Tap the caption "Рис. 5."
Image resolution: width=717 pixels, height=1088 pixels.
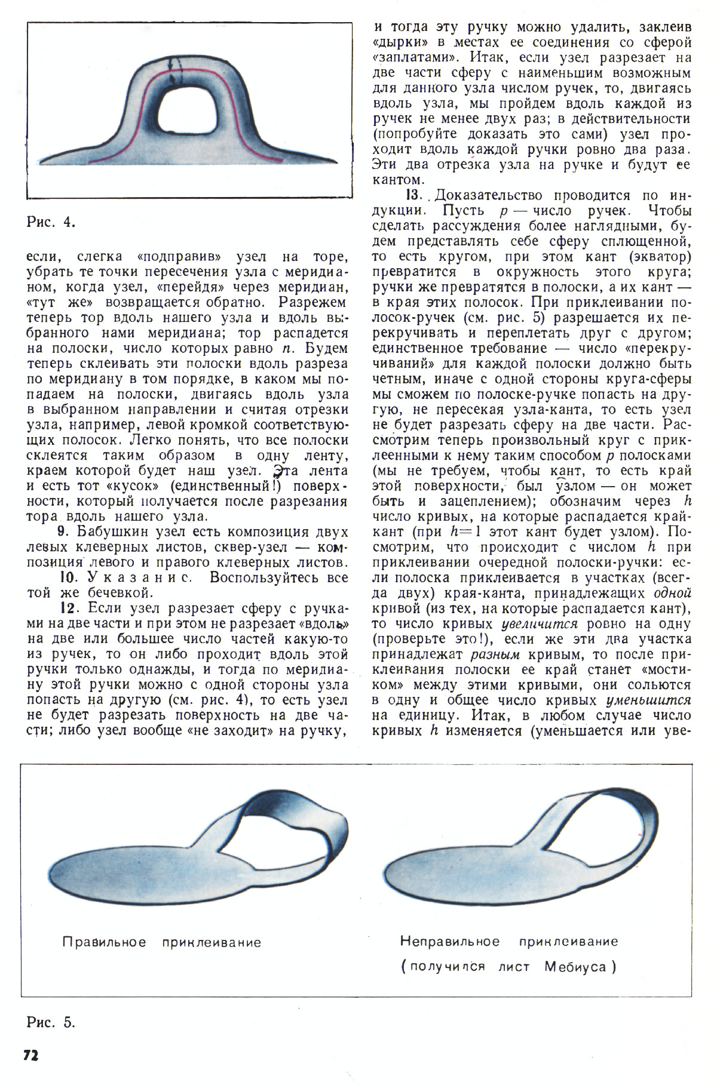pyautogui.click(x=51, y=1022)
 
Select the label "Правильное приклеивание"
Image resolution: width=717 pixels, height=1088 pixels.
pyautogui.click(x=162, y=942)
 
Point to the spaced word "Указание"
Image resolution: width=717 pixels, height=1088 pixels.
pyautogui.click(x=140, y=577)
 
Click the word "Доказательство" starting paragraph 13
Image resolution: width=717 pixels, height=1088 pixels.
pyautogui.click(x=488, y=195)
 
